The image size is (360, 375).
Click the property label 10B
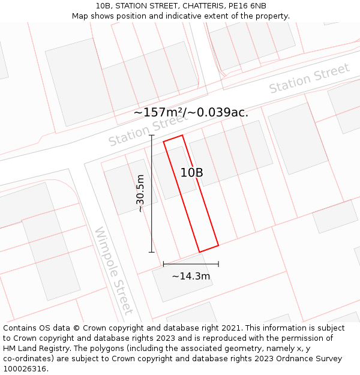pos(191,173)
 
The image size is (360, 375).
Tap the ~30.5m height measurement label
pos(140,193)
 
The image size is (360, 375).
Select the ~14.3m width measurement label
pos(191,276)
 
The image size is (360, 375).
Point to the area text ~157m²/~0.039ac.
pos(191,112)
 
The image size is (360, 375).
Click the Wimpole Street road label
pos(113,271)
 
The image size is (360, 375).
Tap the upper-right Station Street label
pos(309,79)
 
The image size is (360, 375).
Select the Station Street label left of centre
pos(148,131)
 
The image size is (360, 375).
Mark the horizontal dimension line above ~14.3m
pos(191,263)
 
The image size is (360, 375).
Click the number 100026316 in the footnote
pos(26,368)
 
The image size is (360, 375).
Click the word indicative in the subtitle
pos(194,16)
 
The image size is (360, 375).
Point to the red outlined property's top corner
pos(182,135)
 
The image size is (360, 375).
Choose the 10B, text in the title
pos(104,6)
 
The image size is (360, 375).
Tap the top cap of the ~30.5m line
pos(151,136)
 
